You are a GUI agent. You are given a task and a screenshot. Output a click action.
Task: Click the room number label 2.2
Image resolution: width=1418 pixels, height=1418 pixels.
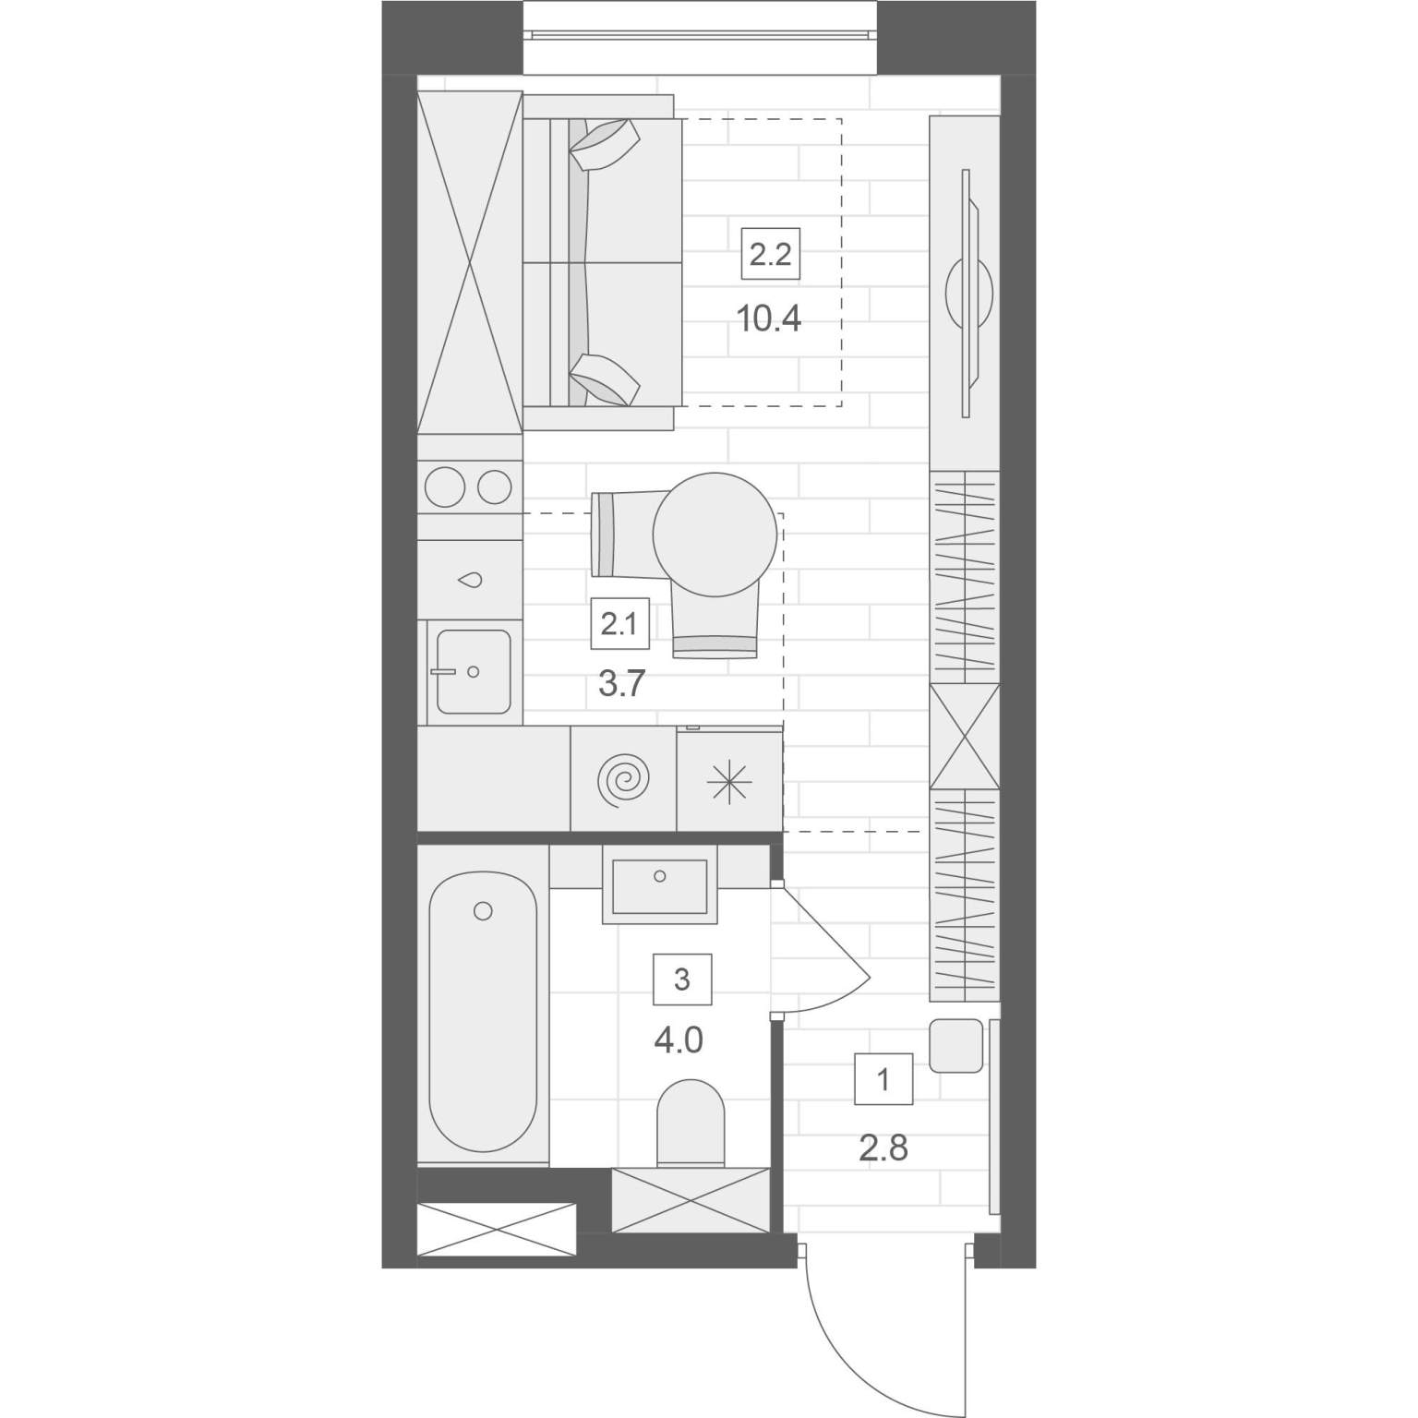click(771, 254)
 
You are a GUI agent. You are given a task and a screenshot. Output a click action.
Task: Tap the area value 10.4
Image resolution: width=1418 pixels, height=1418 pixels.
click(768, 319)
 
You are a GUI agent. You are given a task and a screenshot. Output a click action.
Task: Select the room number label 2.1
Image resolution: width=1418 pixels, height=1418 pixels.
click(619, 625)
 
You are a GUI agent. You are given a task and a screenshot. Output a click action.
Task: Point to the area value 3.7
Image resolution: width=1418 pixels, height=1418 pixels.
click(620, 685)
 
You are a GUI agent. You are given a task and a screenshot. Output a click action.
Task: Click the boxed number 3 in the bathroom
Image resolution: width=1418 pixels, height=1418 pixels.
click(682, 979)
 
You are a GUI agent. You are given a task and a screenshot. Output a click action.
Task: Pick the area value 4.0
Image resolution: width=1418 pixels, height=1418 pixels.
click(679, 1041)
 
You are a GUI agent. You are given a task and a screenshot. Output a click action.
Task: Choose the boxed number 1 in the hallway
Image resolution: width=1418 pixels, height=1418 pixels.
click(883, 1078)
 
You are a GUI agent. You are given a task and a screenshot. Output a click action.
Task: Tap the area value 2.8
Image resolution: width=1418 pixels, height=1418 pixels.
click(883, 1148)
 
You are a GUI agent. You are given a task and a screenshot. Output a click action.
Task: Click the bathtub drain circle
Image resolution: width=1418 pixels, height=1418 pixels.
click(482, 912)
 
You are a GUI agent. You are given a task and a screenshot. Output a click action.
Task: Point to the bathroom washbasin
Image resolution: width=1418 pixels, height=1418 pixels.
click(659, 885)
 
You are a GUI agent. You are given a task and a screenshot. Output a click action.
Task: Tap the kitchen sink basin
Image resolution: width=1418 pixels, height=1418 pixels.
click(474, 671)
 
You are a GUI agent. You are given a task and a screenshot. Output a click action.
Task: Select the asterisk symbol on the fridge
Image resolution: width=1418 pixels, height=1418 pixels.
click(729, 783)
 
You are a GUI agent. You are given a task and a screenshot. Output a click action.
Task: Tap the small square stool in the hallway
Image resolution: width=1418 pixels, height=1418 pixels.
click(955, 1045)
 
